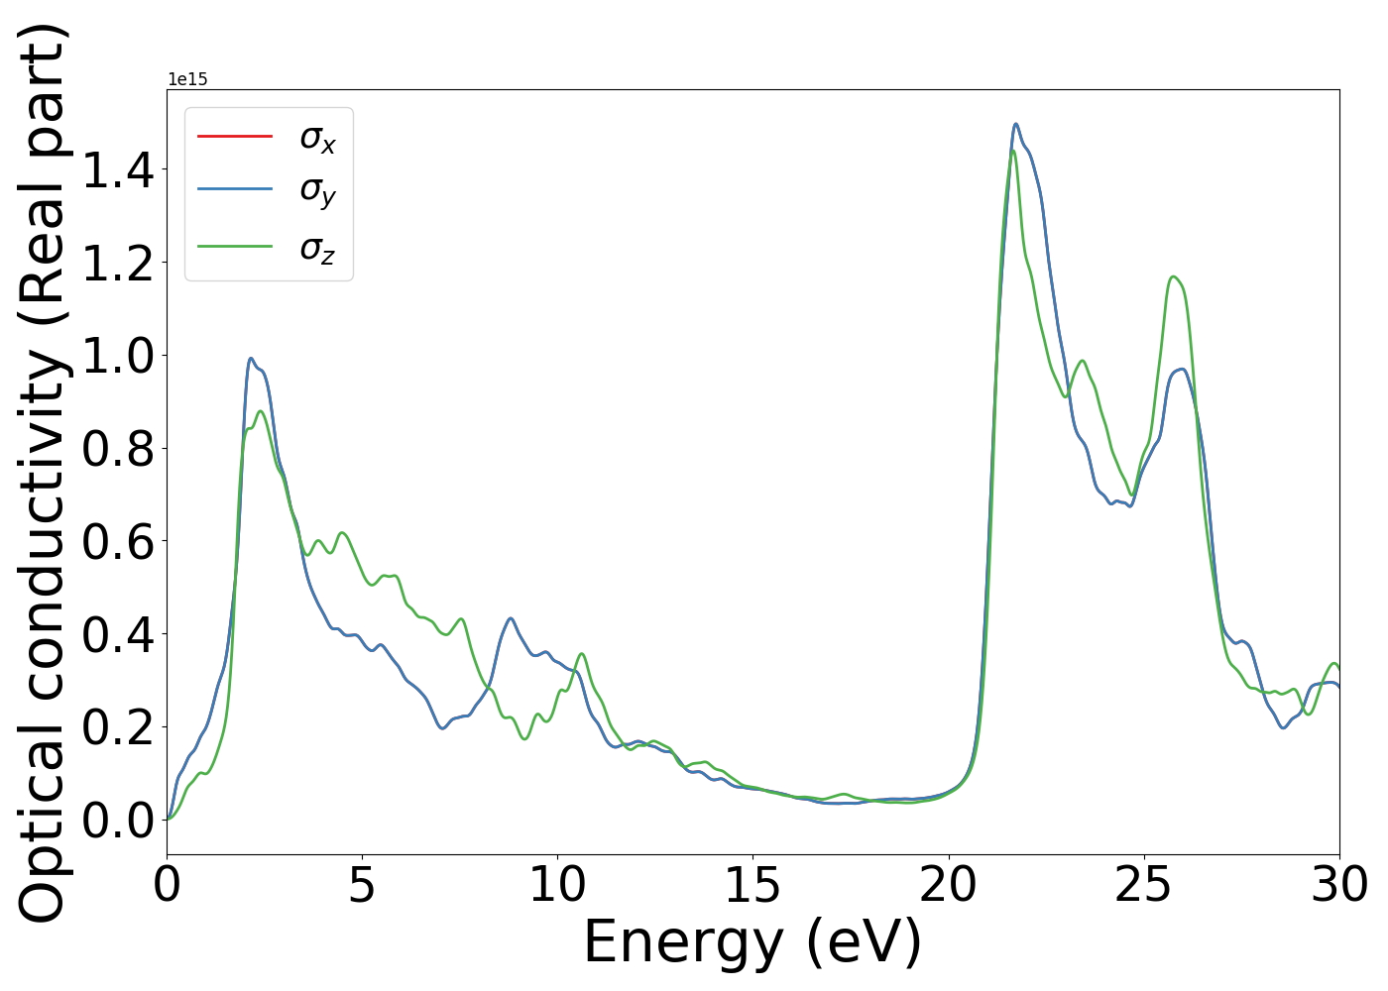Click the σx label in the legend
[x=317, y=139]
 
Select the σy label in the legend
[x=317, y=190]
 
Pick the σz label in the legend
[x=317, y=247]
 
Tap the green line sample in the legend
[x=235, y=246]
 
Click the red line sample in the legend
[x=235, y=136]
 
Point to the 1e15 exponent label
[x=187, y=79]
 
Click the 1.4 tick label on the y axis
[x=118, y=170]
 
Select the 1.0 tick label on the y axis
[x=118, y=356]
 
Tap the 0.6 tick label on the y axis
[x=118, y=541]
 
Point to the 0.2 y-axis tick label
[x=118, y=727]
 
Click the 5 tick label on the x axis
[x=362, y=884]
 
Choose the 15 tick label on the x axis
[x=752, y=884]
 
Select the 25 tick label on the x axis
[x=1143, y=884]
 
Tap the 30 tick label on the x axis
[x=1338, y=884]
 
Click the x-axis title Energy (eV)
[x=752, y=941]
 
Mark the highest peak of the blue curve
[x=1015, y=124]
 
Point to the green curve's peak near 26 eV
[x=1174, y=276]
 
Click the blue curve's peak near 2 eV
[x=251, y=359]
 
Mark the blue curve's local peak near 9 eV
[x=511, y=618]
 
